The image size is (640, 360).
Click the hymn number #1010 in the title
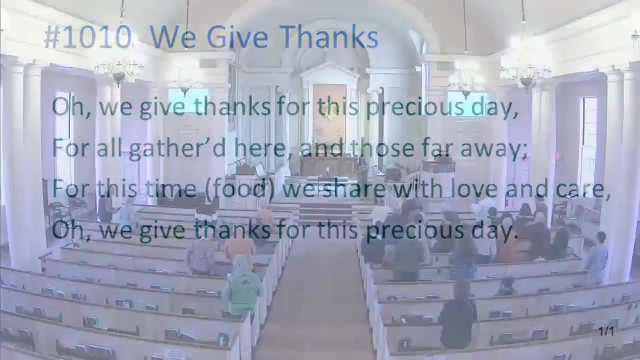(x=87, y=38)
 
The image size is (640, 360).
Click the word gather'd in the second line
(x=155, y=149)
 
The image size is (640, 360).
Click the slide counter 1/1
(x=606, y=331)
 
